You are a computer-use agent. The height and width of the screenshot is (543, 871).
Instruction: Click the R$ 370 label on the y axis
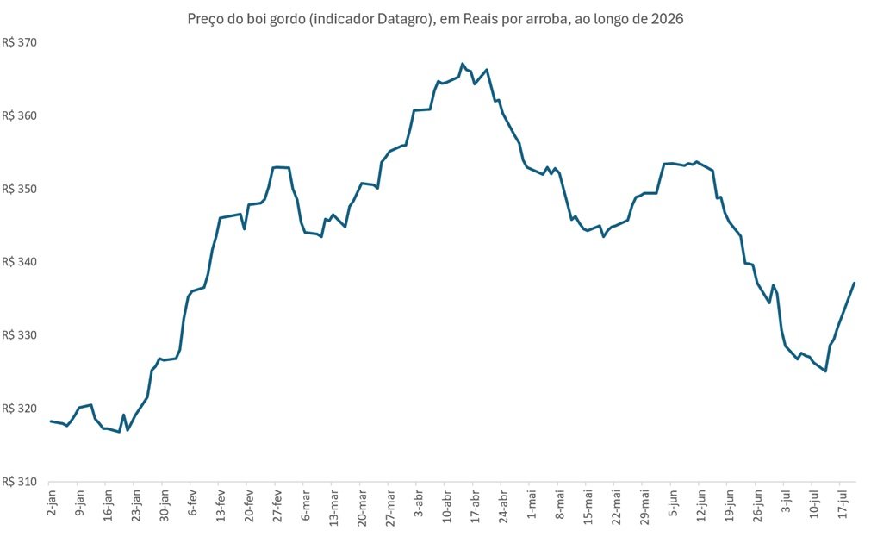pyautogui.click(x=19, y=43)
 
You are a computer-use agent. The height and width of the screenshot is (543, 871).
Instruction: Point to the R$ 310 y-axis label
pyautogui.click(x=19, y=482)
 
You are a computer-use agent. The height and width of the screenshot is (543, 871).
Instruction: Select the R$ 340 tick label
pyautogui.click(x=19, y=262)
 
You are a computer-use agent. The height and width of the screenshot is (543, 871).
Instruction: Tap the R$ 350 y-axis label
pyautogui.click(x=19, y=189)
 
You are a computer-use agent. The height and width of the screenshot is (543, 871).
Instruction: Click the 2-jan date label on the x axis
pyautogui.click(x=52, y=503)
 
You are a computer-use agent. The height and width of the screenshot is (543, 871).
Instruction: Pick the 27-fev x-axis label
pyautogui.click(x=277, y=506)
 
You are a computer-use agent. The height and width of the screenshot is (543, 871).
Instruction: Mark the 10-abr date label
pyautogui.click(x=447, y=506)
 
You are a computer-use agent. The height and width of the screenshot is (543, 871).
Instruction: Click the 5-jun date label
pyautogui.click(x=673, y=503)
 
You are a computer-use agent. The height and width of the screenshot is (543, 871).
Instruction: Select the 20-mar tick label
pyautogui.click(x=362, y=506)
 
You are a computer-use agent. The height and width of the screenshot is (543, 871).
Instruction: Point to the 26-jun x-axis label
pyautogui.click(x=758, y=506)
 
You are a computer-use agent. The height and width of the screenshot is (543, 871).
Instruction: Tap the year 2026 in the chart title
pyautogui.click(x=668, y=19)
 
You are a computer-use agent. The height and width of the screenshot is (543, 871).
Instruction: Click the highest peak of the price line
pyautogui.click(x=462, y=64)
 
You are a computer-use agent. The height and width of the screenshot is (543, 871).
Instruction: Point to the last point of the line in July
pyautogui.click(x=854, y=283)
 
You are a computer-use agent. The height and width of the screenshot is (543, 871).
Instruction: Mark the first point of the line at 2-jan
pyautogui.click(x=51, y=421)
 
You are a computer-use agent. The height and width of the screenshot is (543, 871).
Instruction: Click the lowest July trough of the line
pyautogui.click(x=825, y=371)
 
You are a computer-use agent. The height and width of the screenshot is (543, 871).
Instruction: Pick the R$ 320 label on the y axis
pyautogui.click(x=19, y=409)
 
